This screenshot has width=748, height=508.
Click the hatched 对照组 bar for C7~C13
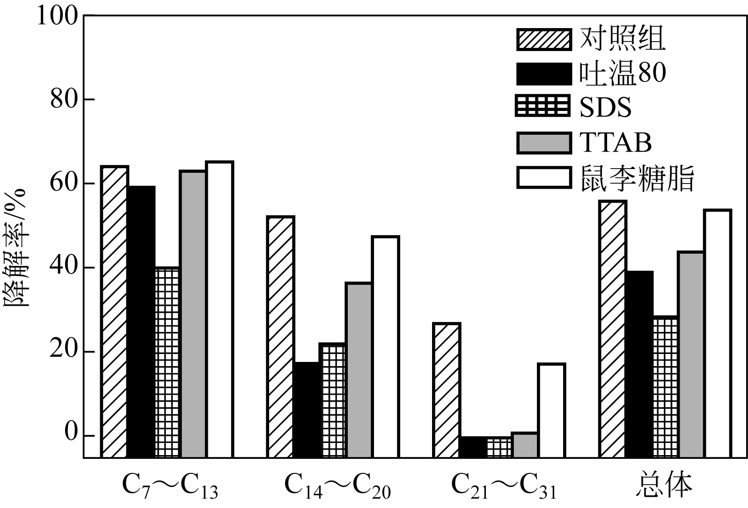(115, 311)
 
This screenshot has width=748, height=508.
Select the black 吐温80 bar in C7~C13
(141, 322)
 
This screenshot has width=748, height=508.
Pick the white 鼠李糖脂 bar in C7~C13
(220, 309)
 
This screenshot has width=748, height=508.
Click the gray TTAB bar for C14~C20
(359, 370)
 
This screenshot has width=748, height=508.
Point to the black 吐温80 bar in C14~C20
(307, 410)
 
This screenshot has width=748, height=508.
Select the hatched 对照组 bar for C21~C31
(447, 390)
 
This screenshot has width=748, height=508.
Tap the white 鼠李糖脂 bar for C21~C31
(551, 410)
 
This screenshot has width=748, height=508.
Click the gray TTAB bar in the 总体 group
(690, 354)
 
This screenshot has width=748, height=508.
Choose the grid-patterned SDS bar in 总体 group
(665, 387)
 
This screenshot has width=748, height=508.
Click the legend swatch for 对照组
(544, 39)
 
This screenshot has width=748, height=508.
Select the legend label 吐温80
(623, 74)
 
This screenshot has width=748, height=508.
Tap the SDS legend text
(606, 107)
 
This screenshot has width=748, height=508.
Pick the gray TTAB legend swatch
(544, 143)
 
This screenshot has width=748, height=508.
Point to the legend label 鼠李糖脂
(637, 178)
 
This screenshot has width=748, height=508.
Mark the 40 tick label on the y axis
(64, 268)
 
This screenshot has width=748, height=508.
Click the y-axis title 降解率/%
(16, 248)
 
